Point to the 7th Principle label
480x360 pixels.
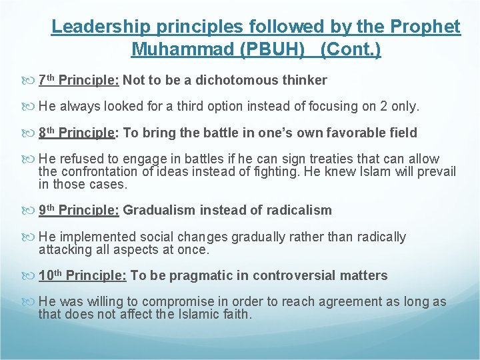[79, 81]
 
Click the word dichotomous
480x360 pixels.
[241, 81]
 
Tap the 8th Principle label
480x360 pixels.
[77, 133]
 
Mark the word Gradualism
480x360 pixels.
[159, 211]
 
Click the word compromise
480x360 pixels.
[183, 302]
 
